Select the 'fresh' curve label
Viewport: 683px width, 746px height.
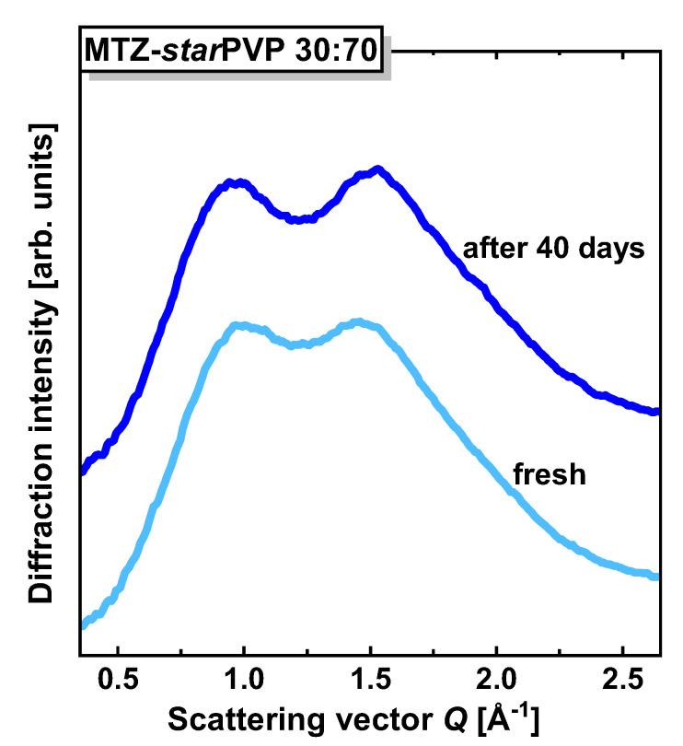coord(550,477)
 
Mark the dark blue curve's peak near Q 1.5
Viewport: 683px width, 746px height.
coord(377,170)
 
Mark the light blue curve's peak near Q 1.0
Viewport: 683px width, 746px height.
coord(239,325)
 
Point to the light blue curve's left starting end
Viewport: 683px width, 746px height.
coord(83,624)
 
